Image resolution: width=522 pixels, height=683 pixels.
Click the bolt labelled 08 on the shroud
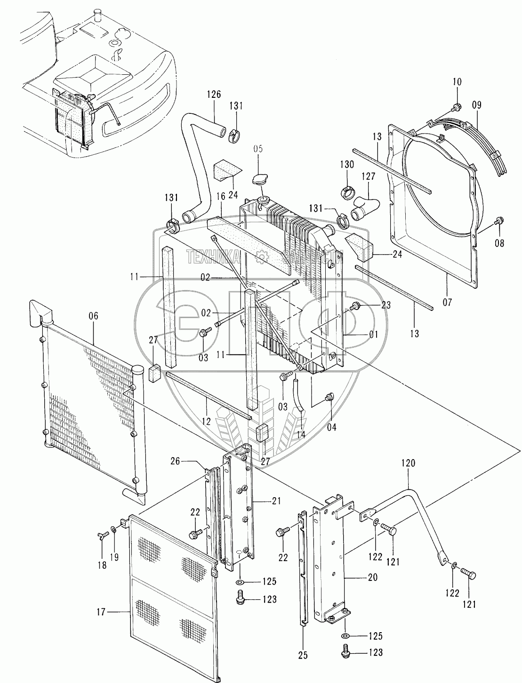pos(499,222)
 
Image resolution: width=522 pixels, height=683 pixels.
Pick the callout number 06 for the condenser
pos(93,316)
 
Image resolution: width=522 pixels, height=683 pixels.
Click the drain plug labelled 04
pos(329,398)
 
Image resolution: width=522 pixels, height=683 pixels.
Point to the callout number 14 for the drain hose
pos(301,435)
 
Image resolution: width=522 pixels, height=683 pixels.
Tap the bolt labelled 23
pos(357,306)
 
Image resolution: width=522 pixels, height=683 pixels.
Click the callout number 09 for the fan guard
pos(476,105)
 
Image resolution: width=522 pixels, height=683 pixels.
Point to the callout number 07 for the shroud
pos(447,302)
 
